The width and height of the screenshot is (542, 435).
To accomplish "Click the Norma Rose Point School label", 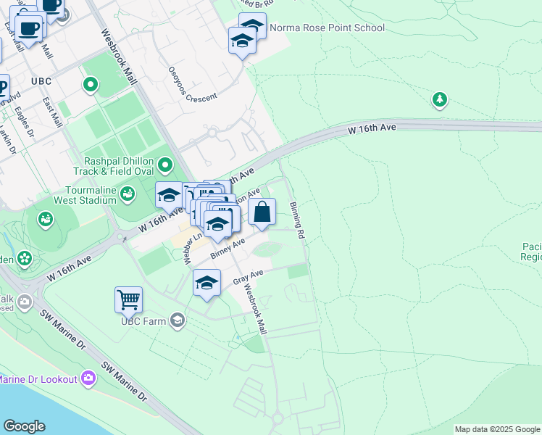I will click(327, 28).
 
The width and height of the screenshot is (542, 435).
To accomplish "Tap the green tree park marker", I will click(439, 99).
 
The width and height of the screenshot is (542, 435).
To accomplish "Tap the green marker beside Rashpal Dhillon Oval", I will click(166, 167).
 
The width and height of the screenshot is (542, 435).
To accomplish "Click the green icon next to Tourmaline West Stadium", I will click(128, 193).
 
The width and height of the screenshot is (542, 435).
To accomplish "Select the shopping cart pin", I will click(128, 299).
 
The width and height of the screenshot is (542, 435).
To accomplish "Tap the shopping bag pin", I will click(262, 212).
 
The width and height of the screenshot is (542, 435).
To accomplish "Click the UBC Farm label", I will click(143, 320).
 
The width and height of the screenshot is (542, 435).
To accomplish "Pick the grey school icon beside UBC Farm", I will click(178, 320).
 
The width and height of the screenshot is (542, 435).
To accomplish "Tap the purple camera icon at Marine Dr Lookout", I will click(88, 378).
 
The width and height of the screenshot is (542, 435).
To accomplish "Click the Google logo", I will click(24, 426).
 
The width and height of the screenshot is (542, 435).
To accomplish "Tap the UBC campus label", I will click(41, 80).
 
